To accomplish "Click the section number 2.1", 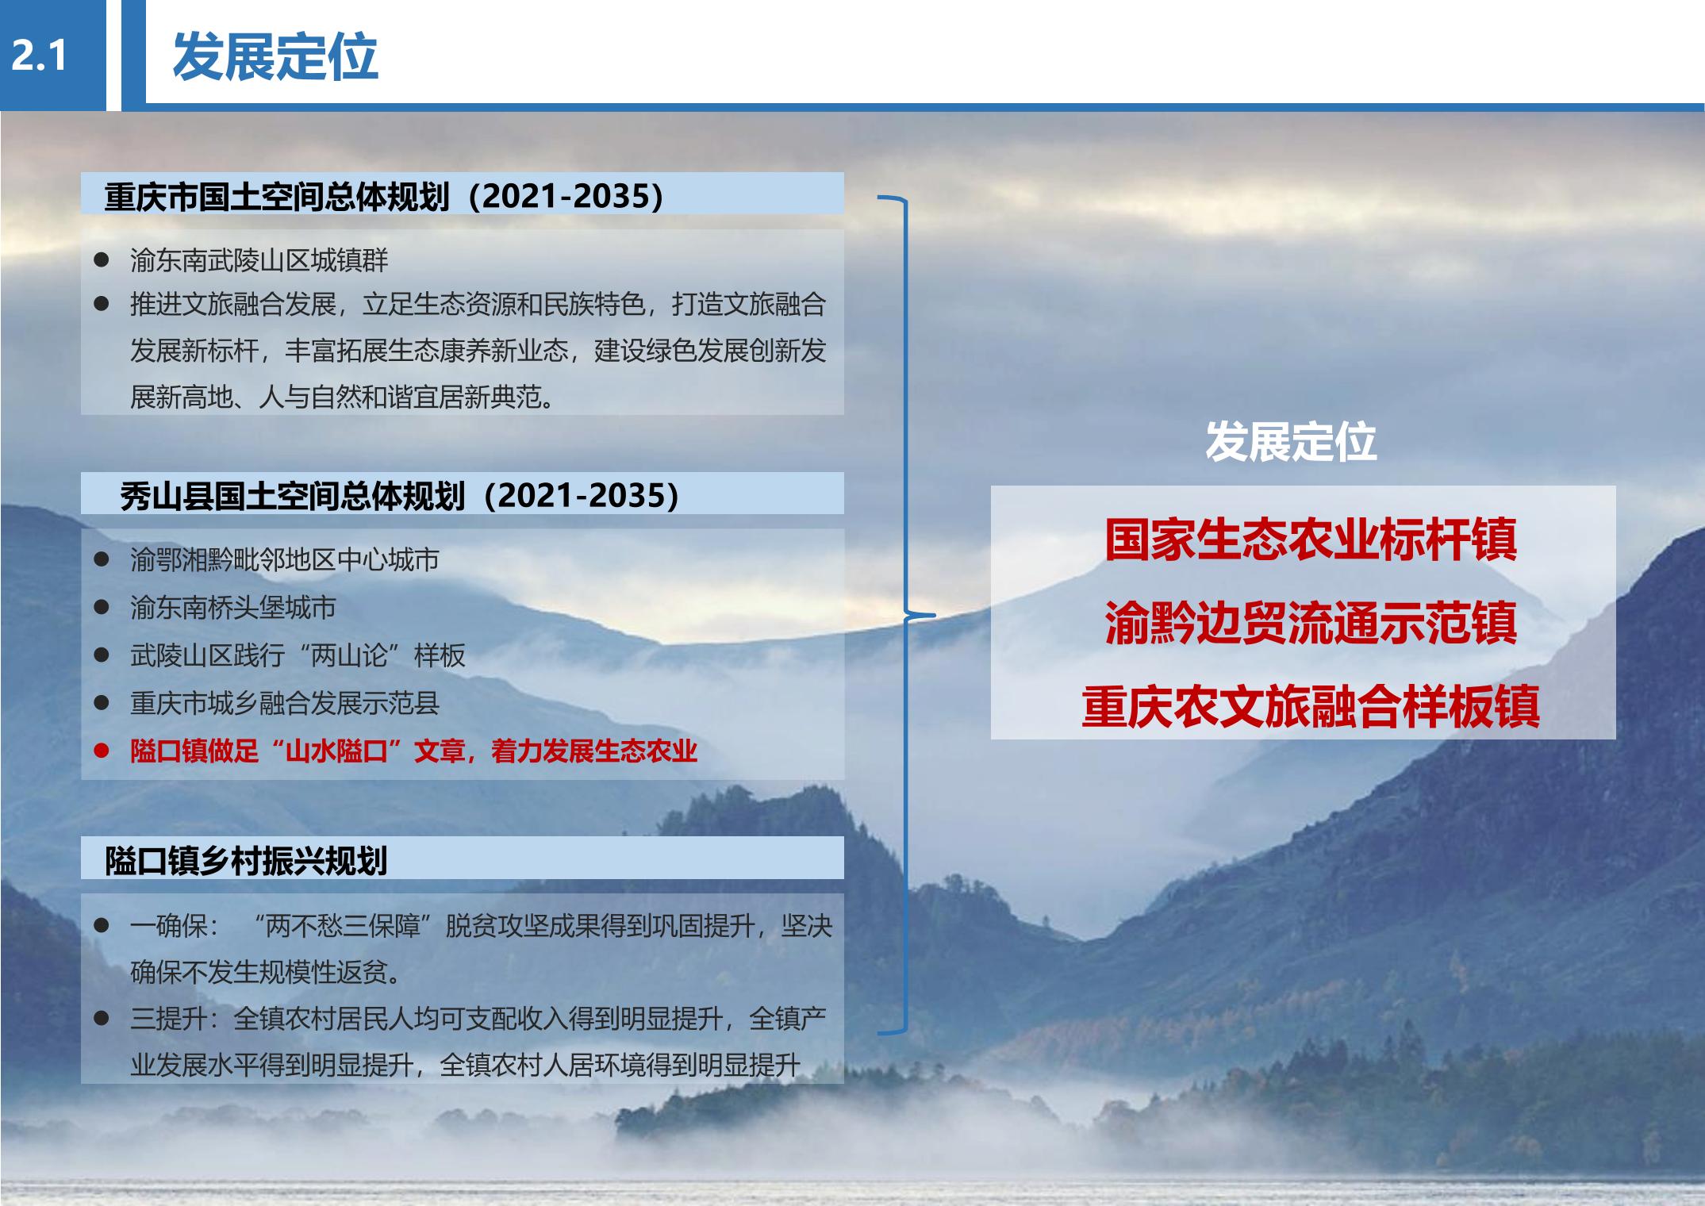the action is [x=38, y=56].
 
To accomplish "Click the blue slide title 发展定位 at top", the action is [x=275, y=56].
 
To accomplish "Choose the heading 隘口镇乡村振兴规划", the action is [x=246, y=861].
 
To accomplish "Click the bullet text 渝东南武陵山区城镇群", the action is [x=259, y=260].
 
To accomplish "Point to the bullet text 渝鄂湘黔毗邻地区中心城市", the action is [x=285, y=560].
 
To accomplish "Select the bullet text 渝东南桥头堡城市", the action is [x=233, y=608].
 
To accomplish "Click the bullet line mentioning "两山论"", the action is [x=298, y=655].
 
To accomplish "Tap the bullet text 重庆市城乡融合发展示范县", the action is [x=285, y=703].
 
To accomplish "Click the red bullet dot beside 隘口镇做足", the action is [x=101, y=751].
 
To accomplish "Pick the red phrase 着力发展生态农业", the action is [x=593, y=751].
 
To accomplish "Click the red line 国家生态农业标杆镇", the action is [x=1311, y=540].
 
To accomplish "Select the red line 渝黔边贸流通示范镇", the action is [x=1311, y=623].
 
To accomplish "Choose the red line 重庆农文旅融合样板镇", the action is [x=1311, y=706].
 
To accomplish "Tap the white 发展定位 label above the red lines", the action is [x=1291, y=441].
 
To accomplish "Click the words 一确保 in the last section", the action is [x=169, y=925].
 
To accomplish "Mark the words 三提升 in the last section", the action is [x=169, y=1019].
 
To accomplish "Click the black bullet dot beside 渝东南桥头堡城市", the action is [x=101, y=608].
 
